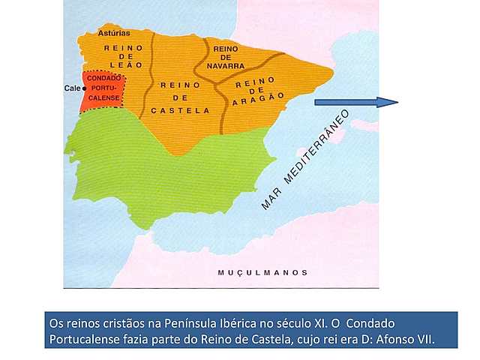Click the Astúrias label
point(115,34)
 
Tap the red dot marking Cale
point(85,88)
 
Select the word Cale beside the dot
point(73,88)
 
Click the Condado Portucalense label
point(104,91)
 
